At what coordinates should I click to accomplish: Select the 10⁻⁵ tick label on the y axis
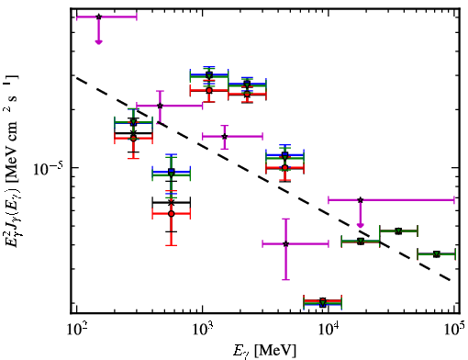coord(48,168)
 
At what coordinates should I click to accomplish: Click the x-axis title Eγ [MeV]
coord(264,350)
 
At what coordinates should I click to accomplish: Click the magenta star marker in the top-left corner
coord(98,17)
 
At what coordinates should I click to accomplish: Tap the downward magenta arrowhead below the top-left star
coord(98,42)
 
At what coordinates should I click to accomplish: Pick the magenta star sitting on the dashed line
coord(160,106)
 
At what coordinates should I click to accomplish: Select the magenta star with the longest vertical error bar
coord(285,244)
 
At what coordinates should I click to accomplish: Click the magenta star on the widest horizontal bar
coord(361,200)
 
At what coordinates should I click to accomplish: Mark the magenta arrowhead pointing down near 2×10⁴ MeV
coord(361,226)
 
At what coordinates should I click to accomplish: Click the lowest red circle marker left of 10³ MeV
coord(172,213)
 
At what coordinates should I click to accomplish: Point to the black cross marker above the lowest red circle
coord(172,203)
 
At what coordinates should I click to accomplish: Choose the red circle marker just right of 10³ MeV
coord(209,90)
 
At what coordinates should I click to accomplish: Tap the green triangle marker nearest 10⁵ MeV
coord(437,254)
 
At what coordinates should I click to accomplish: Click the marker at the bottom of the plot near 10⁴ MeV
coord(323,301)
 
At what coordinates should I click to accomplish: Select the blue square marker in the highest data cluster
coord(209,74)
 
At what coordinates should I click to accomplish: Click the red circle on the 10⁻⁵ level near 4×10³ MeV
coord(285,167)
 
